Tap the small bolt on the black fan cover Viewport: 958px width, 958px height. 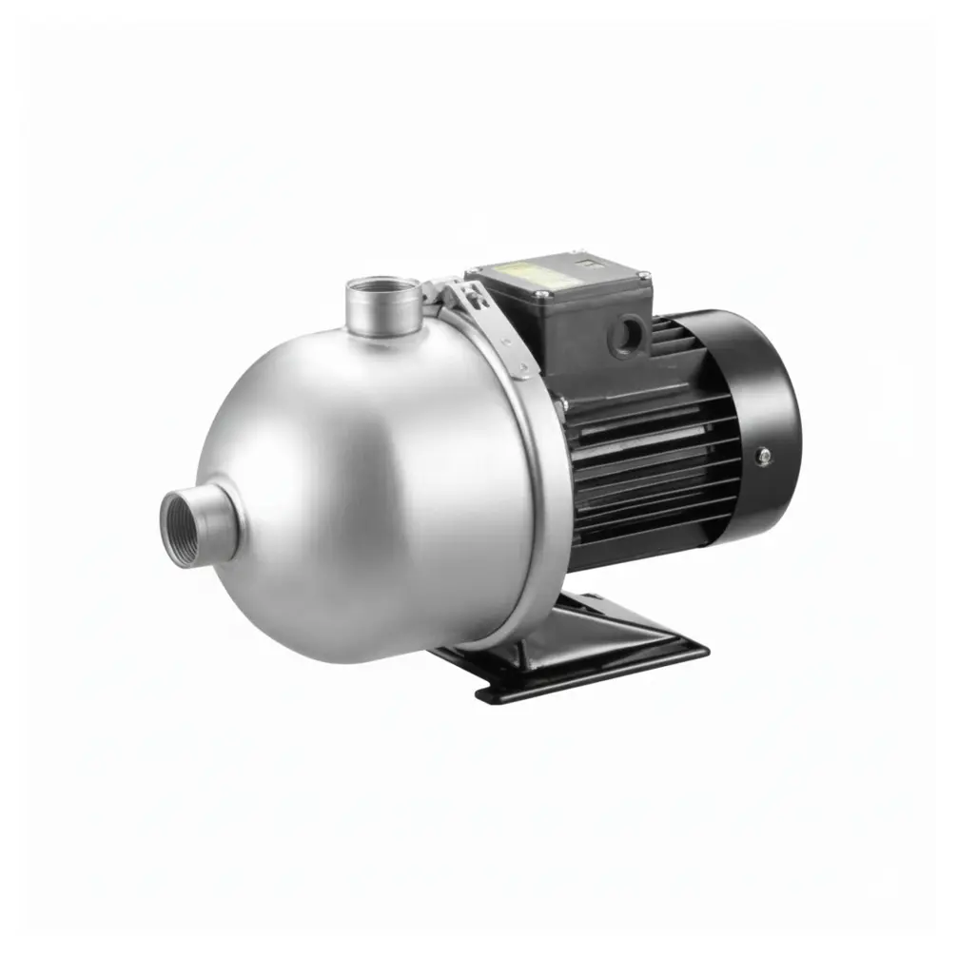pyautogui.click(x=761, y=458)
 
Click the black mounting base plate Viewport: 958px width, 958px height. pyautogui.click(x=590, y=656)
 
